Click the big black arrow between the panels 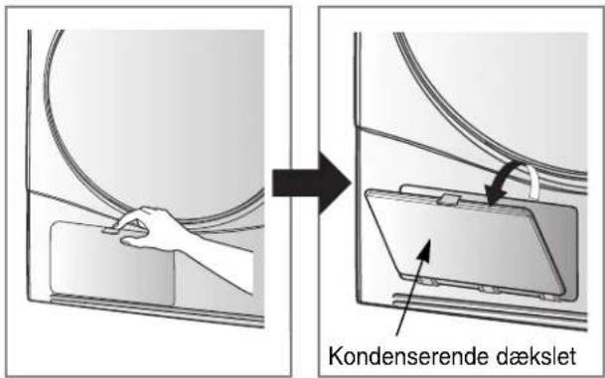pos(311,183)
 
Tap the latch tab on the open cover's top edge pos(450,198)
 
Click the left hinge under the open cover pos(429,283)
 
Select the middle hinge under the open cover pos(488,289)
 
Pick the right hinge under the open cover pos(548,296)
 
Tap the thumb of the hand pos(133,242)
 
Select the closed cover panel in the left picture pos(112,264)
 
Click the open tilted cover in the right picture pos(463,243)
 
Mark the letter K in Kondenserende pos(337,356)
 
